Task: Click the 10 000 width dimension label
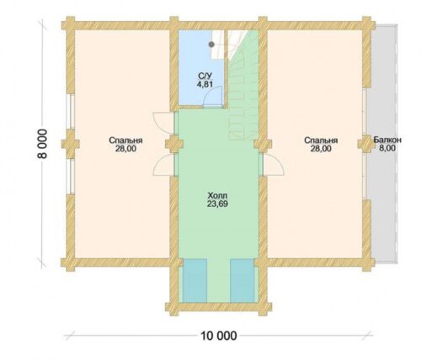click(x=219, y=335)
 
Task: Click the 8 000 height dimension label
click(x=42, y=144)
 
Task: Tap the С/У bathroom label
click(x=205, y=76)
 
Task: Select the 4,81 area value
click(x=205, y=84)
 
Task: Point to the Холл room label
click(x=217, y=195)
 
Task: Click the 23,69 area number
click(x=217, y=204)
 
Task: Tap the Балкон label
click(x=387, y=140)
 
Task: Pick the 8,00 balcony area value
click(x=387, y=148)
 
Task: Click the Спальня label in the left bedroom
click(x=125, y=140)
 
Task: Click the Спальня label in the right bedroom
click(x=321, y=140)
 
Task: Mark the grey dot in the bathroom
click(x=211, y=45)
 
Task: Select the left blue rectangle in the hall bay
click(x=195, y=281)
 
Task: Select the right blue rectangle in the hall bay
click(x=242, y=281)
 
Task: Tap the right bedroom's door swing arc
click(x=280, y=162)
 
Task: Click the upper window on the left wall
click(x=71, y=112)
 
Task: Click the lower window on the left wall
click(x=71, y=177)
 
